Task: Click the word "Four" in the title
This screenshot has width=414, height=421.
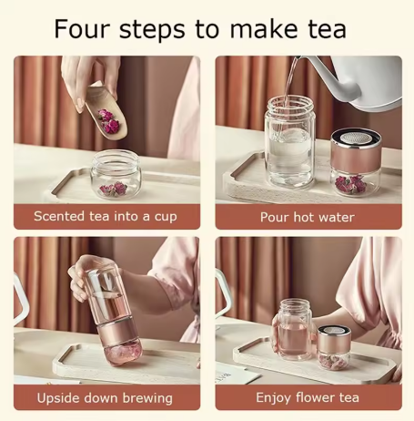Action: click(82, 28)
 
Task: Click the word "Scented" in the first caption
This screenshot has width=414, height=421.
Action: click(59, 216)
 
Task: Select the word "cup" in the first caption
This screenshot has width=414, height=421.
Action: click(166, 218)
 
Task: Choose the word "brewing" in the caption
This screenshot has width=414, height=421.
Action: click(148, 398)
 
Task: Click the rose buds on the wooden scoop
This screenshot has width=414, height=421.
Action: click(108, 121)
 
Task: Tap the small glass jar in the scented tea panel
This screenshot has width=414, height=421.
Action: click(116, 174)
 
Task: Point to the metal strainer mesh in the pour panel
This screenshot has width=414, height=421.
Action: click(354, 138)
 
